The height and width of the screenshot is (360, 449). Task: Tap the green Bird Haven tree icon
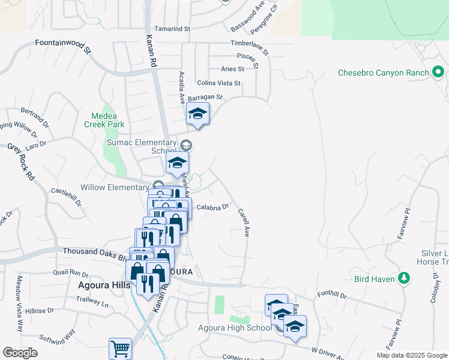pyautogui.click(x=405, y=278)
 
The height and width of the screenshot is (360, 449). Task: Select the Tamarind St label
pyautogui.click(x=172, y=28)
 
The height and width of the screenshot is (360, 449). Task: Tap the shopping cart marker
pyautogui.click(x=120, y=349)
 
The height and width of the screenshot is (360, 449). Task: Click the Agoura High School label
pyautogui.click(x=235, y=328)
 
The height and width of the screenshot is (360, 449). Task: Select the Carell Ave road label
pyautogui.click(x=243, y=222)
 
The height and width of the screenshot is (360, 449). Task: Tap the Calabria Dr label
pyautogui.click(x=212, y=208)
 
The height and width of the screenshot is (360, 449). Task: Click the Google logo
pyautogui.click(x=20, y=353)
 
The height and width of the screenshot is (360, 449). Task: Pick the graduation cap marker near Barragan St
pyautogui.click(x=197, y=114)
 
